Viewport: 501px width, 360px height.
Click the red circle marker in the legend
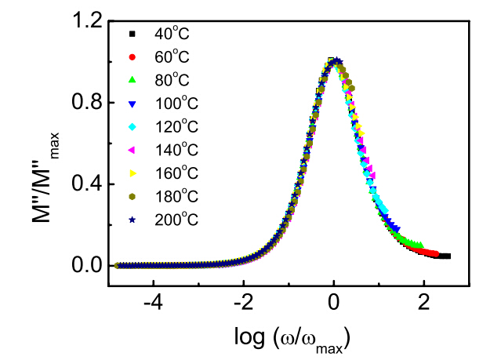point(133,58)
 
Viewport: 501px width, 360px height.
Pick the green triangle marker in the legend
point(133,81)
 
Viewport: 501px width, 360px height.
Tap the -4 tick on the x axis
point(153,303)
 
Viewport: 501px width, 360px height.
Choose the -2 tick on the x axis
point(243,303)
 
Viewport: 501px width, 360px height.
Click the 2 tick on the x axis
point(424,303)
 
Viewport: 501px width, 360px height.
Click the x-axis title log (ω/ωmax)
point(289,338)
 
